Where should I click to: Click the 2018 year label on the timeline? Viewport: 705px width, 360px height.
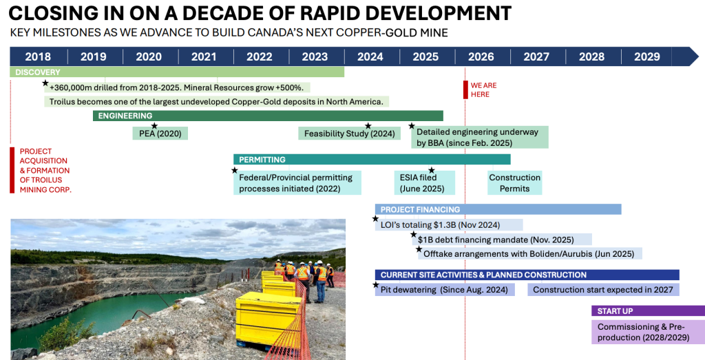(38, 56)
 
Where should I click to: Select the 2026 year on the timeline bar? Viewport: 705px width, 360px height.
(481, 56)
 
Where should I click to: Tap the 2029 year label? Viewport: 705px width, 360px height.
(647, 56)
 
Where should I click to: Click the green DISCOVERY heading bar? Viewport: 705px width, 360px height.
(177, 72)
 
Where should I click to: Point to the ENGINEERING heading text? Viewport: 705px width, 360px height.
(125, 116)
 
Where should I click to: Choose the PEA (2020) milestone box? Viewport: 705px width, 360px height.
(160, 134)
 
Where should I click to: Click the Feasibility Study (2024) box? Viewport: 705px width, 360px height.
(349, 134)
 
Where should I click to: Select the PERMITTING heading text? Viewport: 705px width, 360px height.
(262, 160)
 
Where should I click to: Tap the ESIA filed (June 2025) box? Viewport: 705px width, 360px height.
(424, 183)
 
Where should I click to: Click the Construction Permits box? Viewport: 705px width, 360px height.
(515, 183)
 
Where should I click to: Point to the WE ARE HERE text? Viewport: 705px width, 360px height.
(483, 90)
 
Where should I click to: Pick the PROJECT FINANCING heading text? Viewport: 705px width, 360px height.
(420, 209)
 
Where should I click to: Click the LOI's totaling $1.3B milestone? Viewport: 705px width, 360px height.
(440, 224)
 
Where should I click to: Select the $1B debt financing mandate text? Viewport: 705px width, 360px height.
(496, 240)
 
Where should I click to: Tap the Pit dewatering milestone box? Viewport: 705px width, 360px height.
(445, 290)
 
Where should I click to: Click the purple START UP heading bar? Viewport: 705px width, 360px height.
(648, 311)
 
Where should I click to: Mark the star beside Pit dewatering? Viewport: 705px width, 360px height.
(375, 284)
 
